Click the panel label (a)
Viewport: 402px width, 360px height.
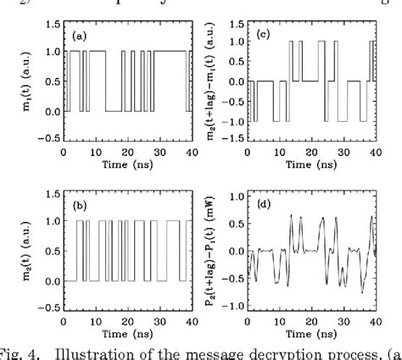click(x=79, y=36)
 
